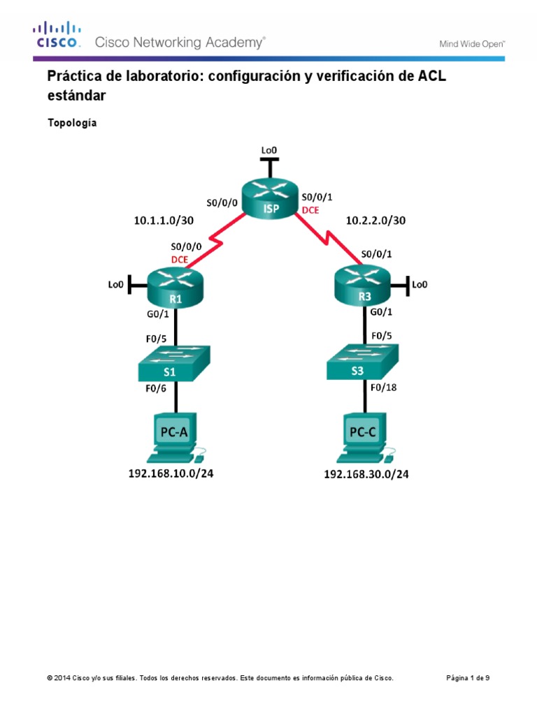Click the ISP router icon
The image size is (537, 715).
(x=268, y=198)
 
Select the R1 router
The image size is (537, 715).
(x=174, y=288)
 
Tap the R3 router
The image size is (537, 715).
(x=364, y=288)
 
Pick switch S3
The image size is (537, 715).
(x=363, y=363)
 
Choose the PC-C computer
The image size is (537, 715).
(x=364, y=438)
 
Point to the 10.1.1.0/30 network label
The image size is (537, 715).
(x=164, y=220)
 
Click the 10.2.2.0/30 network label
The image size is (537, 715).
(x=375, y=220)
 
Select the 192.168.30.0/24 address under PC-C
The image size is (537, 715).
(x=366, y=475)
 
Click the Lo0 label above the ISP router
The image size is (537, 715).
(x=269, y=150)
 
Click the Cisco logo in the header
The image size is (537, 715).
(x=57, y=34)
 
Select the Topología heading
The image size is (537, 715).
(x=72, y=123)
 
